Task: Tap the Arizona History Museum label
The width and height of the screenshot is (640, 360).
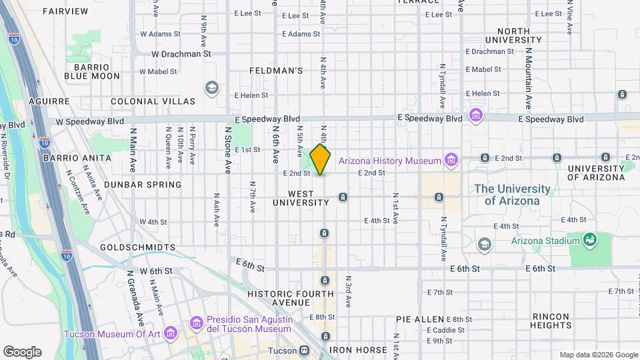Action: (x=390, y=160)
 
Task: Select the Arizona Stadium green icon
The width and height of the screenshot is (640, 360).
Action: (x=589, y=239)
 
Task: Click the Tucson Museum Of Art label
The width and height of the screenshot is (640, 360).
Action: (x=113, y=334)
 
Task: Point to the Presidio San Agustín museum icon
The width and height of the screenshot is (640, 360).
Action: (x=196, y=323)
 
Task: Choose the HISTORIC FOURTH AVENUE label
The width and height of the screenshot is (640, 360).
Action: (x=290, y=299)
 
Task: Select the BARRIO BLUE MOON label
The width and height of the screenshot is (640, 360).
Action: (x=92, y=71)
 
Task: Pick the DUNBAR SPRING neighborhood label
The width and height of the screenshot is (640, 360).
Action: (x=144, y=185)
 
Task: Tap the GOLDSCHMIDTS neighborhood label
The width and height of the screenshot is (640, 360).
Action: (x=137, y=247)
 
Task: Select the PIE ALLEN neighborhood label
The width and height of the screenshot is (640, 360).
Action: (x=420, y=319)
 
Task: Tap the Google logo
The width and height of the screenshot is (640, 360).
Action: (x=22, y=352)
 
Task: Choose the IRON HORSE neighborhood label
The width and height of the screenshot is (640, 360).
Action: (x=357, y=350)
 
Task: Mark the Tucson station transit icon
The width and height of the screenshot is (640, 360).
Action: (x=305, y=350)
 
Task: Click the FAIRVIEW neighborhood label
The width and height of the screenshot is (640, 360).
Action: (x=65, y=11)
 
